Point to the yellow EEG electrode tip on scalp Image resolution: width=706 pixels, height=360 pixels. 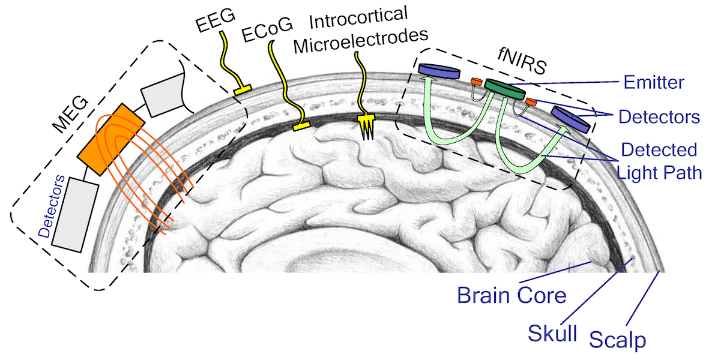[x=242, y=91]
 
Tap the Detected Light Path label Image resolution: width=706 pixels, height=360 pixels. [x=659, y=160]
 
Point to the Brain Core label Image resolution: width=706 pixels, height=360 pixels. [x=511, y=295]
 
